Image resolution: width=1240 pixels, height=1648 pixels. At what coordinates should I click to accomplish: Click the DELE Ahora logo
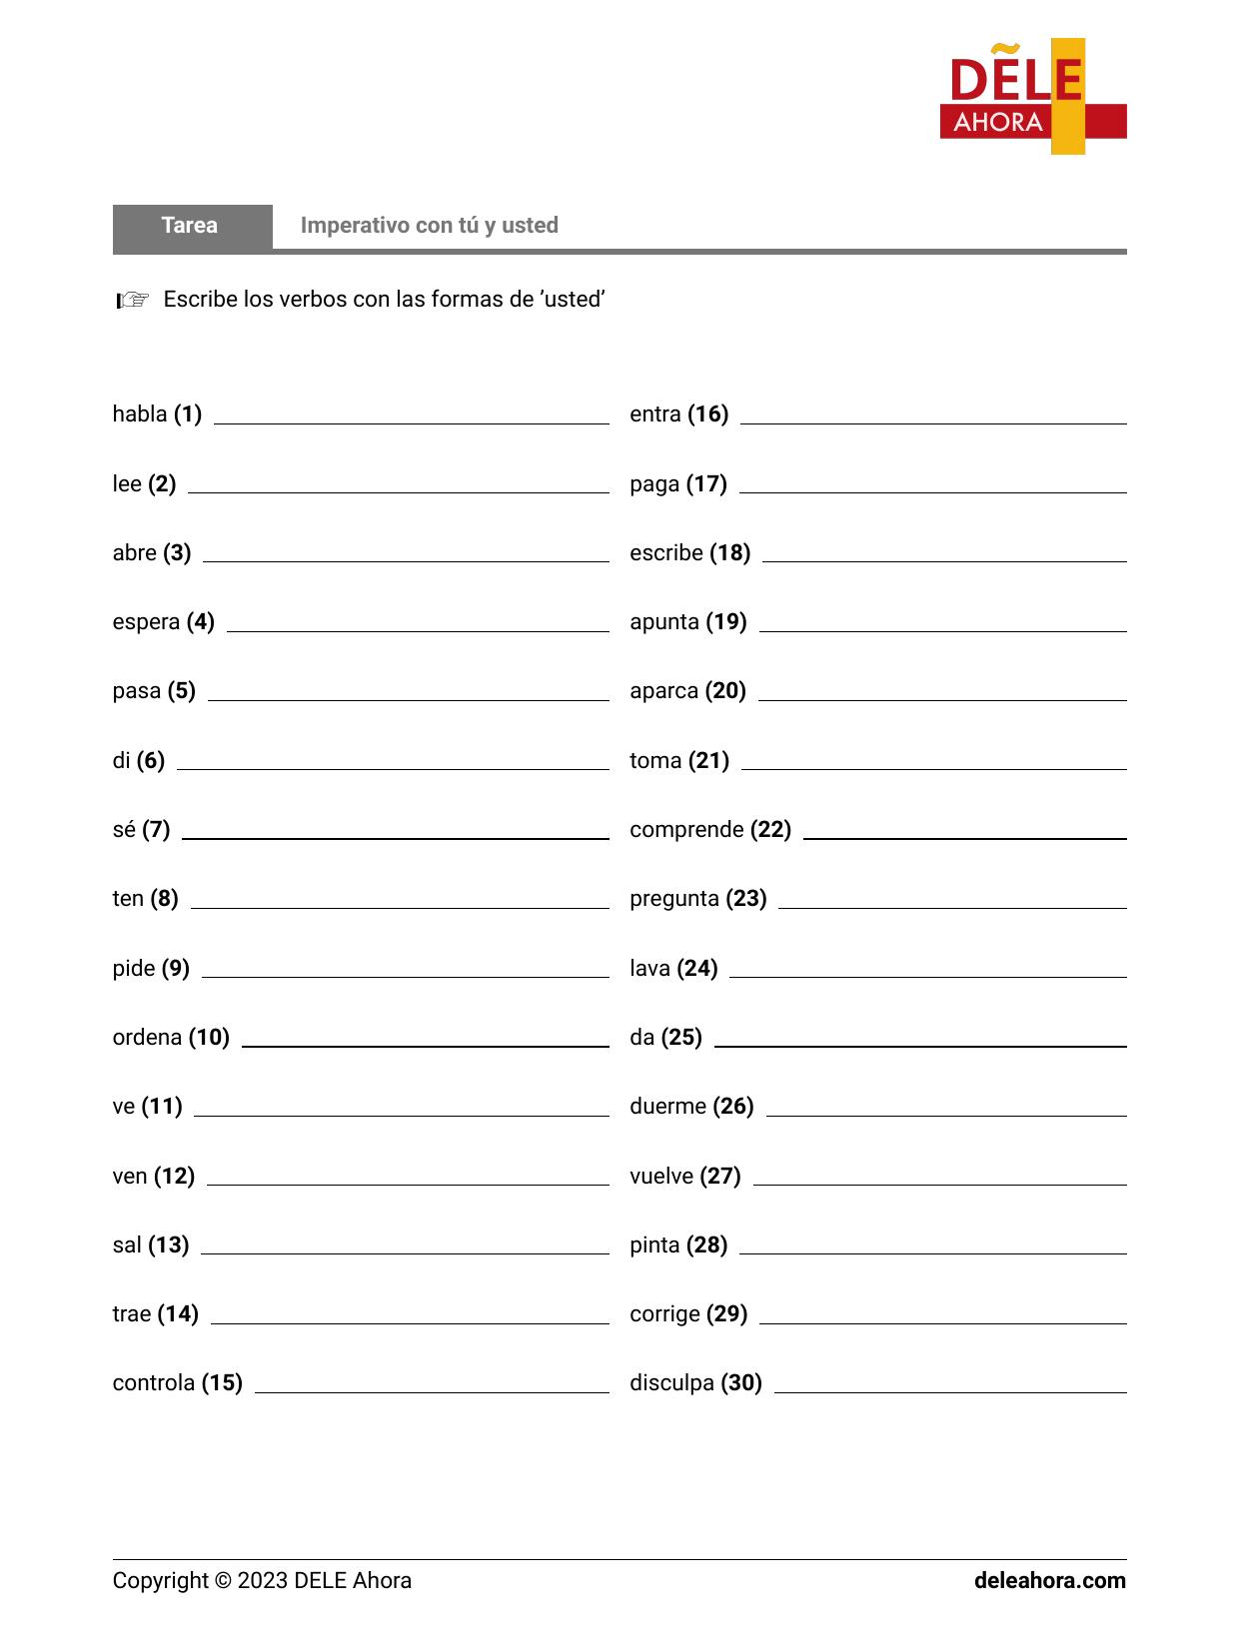pos(1032,97)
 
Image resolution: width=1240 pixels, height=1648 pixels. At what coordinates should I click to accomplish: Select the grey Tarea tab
pos(191,226)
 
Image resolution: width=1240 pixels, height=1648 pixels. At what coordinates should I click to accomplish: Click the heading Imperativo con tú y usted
pos(429,226)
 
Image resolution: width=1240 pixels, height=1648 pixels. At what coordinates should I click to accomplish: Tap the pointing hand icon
pos(132,300)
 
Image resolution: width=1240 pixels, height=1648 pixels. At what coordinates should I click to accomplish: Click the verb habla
pos(140,413)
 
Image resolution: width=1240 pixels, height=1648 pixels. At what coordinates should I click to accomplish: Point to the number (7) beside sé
pos(156,829)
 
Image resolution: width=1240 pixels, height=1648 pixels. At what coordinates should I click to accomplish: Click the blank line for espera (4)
pos(418,629)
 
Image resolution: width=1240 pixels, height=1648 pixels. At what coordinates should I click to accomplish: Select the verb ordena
pos(147,1037)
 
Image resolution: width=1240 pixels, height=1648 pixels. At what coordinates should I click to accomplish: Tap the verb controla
pos(154,1382)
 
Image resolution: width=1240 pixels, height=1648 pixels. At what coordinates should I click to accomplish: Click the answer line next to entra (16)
pos(932,421)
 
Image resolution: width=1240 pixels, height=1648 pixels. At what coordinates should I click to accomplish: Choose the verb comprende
pos(686,829)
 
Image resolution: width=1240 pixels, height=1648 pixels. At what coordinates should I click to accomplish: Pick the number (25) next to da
pos(681,1037)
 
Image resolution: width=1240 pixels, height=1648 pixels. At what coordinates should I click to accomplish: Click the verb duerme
pos(667,1106)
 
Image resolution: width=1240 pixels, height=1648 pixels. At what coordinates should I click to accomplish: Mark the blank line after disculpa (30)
pos(949,1390)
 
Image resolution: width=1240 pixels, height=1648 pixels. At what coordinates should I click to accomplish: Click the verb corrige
pos(664,1313)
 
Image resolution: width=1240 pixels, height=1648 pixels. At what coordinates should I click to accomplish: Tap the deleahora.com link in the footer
pos(1049,1580)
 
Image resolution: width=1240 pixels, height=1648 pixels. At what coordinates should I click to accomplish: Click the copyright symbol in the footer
pos(222,1580)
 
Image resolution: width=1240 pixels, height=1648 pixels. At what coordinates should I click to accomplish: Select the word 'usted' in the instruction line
pos(573,300)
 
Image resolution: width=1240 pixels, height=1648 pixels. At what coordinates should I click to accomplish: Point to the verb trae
pos(131,1313)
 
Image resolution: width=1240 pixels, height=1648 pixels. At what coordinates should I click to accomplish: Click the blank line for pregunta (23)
pos(951,906)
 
